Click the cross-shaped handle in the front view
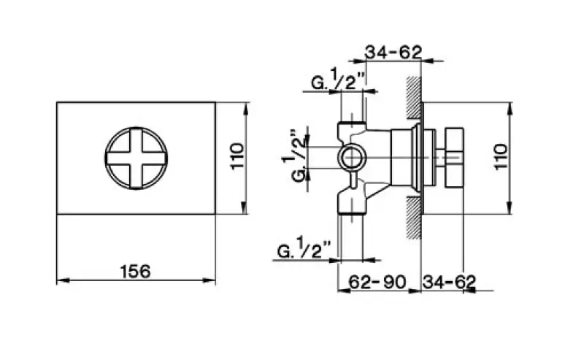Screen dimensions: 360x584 tap(136, 158)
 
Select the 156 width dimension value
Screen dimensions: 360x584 tap(136, 271)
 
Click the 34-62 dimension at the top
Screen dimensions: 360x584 tap(394, 52)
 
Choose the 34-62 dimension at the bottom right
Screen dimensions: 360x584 tap(450, 280)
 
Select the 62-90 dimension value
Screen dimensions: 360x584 tap(377, 280)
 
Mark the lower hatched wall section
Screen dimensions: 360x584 tap(414, 219)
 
